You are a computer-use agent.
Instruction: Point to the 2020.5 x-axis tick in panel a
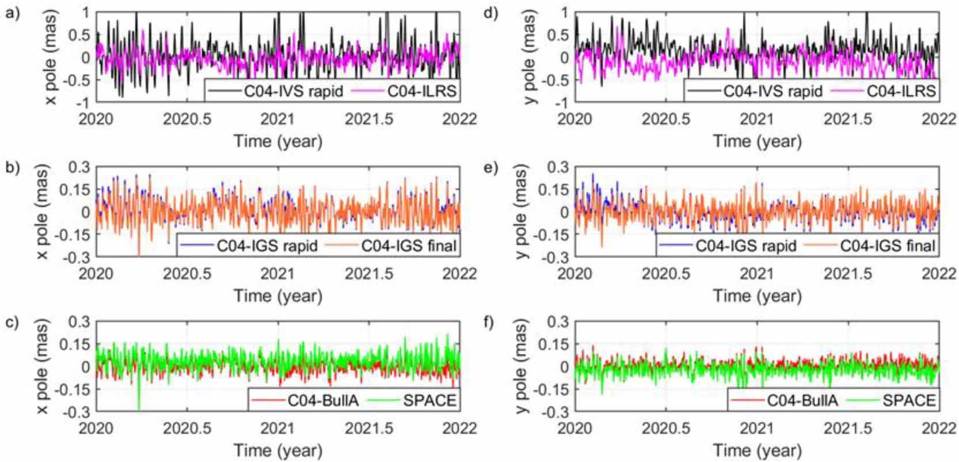tap(187, 119)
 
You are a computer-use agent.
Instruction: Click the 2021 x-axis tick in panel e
tap(756, 273)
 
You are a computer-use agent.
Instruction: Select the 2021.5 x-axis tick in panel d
tap(848, 119)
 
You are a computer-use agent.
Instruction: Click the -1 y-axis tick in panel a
tap(85, 103)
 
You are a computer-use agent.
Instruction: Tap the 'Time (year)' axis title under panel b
tap(277, 296)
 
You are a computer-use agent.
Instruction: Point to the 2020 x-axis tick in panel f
tap(574, 427)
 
